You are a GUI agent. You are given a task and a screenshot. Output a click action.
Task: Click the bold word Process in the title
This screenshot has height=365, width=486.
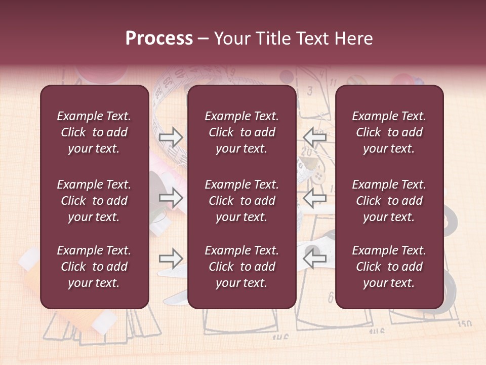point(159,39)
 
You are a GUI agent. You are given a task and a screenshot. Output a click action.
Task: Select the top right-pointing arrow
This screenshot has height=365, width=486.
point(171,137)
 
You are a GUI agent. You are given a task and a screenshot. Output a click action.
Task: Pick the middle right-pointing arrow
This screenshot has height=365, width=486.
point(171,198)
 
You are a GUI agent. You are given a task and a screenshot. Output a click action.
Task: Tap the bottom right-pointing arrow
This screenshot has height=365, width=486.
point(171,259)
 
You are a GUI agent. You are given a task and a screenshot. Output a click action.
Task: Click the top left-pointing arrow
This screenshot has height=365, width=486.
point(315,137)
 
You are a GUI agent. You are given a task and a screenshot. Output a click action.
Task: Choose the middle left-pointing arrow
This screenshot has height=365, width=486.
point(315,198)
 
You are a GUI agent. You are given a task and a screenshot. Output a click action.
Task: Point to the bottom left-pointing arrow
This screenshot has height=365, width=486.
point(315,259)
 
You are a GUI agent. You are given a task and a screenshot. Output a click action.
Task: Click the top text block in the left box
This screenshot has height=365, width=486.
point(94,132)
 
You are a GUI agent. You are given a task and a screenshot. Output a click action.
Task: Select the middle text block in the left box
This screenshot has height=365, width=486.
point(94,201)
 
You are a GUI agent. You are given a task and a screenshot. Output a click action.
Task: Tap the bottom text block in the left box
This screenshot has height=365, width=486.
point(94,267)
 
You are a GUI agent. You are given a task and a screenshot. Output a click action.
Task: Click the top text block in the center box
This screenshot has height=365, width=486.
point(241,132)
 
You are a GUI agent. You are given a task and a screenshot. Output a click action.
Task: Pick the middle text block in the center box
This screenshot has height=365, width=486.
point(241,201)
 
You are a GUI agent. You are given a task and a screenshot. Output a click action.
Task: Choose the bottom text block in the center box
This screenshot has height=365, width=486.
point(241,267)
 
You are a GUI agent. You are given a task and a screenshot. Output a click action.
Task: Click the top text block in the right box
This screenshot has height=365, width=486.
point(389,132)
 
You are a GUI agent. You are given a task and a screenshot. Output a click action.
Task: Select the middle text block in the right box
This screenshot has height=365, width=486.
point(389,201)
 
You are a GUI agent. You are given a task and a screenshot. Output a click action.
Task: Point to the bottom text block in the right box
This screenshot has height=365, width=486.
point(389,267)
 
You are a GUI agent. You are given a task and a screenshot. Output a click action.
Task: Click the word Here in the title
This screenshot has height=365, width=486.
point(354,39)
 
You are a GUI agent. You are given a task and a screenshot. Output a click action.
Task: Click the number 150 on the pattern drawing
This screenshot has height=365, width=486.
point(464,323)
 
